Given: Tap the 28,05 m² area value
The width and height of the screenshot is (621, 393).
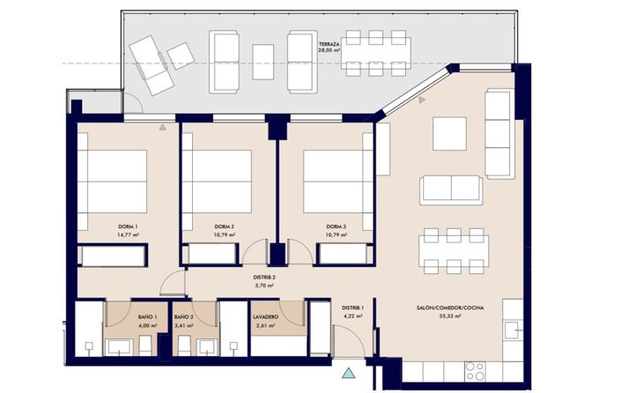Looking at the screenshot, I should [x=329, y=51].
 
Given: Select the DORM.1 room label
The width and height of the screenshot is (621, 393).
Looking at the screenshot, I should [x=129, y=226].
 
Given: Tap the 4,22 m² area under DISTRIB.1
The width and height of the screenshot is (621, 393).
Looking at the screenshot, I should [x=354, y=315].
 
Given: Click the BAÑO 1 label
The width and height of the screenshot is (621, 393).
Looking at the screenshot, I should [x=148, y=316].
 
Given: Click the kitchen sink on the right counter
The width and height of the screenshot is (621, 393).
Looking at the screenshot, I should [x=511, y=329].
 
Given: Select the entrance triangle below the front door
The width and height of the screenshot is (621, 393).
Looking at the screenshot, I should [x=351, y=373].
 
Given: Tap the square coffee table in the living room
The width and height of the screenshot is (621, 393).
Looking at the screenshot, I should [x=448, y=134].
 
